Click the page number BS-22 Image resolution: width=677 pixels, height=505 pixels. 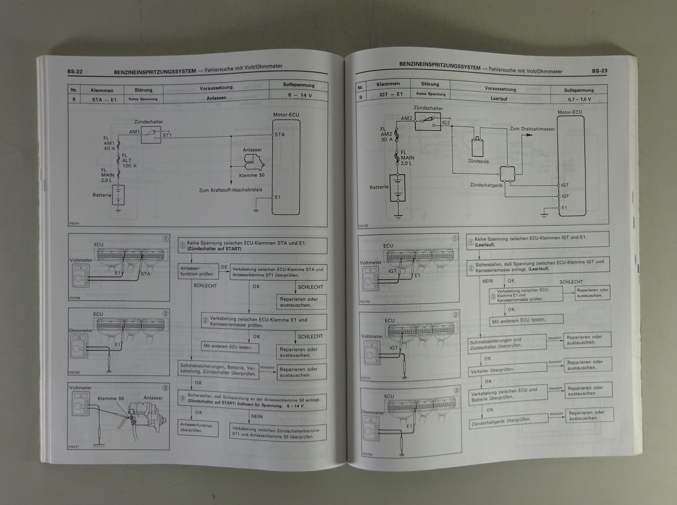[x=74, y=72]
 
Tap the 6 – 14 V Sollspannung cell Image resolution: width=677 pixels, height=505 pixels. [x=300, y=95]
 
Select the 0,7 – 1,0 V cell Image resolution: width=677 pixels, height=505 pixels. [x=579, y=99]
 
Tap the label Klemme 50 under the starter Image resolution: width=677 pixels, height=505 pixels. [x=252, y=175]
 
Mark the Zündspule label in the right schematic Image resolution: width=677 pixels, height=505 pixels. [x=479, y=161]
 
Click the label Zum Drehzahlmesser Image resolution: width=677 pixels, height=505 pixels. [x=532, y=129]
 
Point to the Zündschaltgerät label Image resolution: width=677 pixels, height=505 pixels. [x=486, y=185]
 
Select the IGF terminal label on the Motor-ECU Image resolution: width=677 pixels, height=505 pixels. [x=565, y=196]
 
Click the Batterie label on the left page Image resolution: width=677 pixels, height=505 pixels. [x=102, y=195]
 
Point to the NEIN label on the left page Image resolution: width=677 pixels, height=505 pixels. [x=257, y=416]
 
